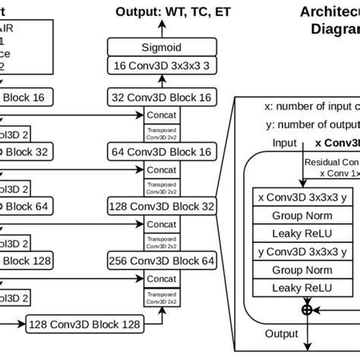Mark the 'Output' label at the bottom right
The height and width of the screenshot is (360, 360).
tap(280, 333)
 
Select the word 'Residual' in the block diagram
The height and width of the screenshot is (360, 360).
tap(323, 162)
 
